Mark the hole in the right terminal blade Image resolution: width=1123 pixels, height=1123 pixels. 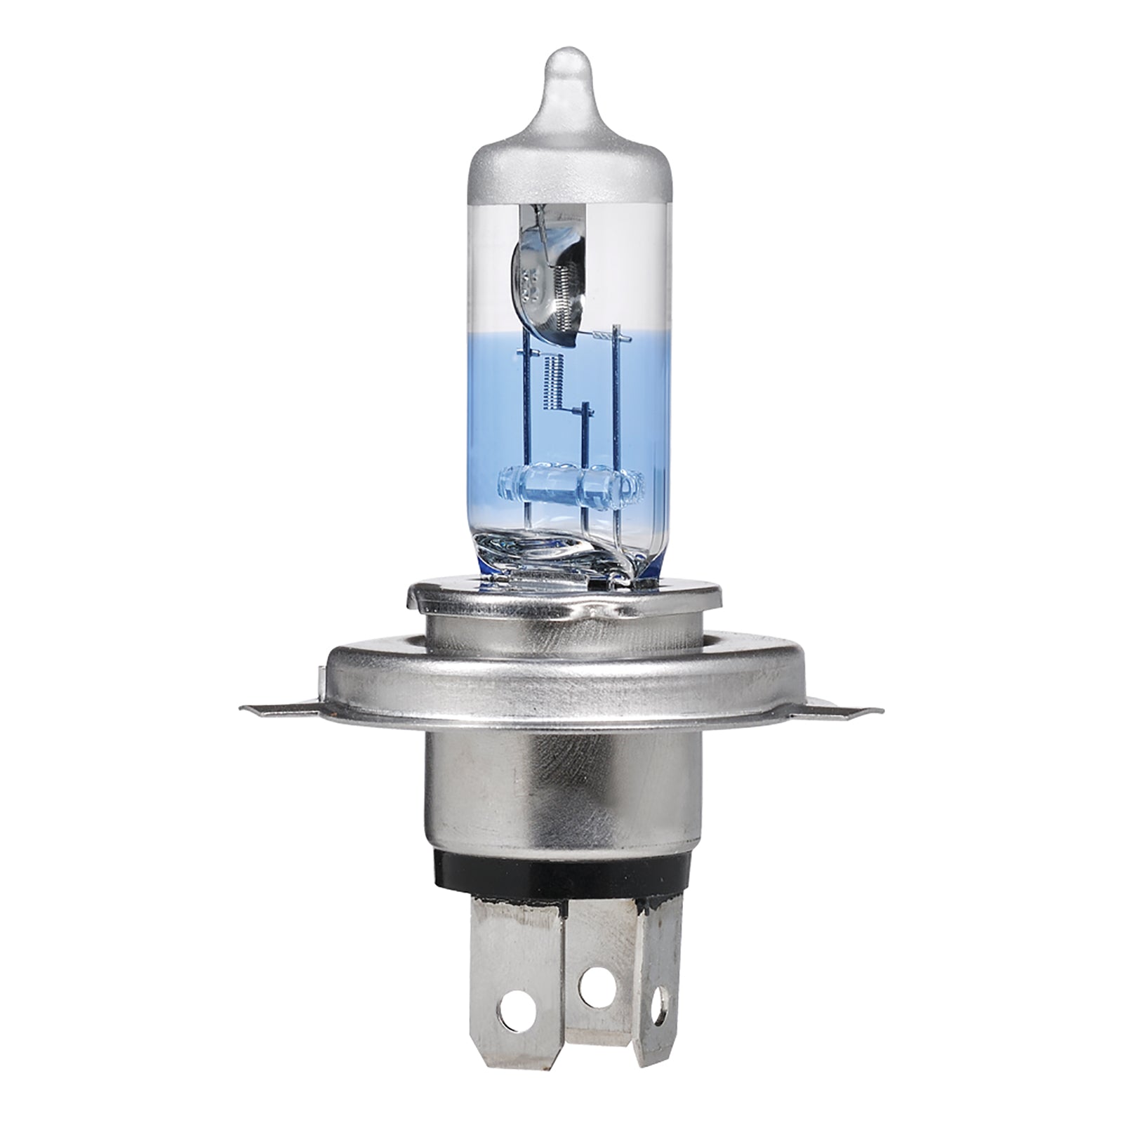click(659, 995)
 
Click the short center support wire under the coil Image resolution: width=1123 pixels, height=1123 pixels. click(585, 449)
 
